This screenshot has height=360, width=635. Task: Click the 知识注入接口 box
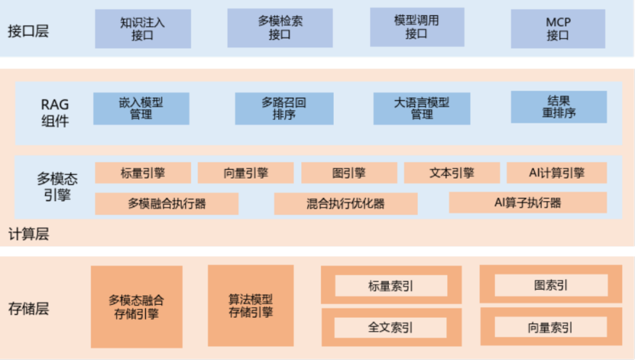click(x=143, y=28)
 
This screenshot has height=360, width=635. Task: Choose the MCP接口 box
click(x=557, y=28)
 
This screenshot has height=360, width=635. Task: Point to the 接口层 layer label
click(x=28, y=31)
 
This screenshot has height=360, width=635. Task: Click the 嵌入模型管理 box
click(x=141, y=108)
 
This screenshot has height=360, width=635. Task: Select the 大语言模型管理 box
click(x=421, y=108)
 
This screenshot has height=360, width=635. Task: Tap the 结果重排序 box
click(x=558, y=107)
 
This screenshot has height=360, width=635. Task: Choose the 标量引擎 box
click(x=143, y=173)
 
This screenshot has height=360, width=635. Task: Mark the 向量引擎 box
click(x=245, y=173)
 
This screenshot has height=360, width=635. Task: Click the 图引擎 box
click(x=349, y=173)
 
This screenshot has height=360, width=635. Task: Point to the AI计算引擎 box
click(x=557, y=173)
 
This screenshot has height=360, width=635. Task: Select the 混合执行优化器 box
click(x=345, y=203)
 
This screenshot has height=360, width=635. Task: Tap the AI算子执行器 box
click(x=527, y=202)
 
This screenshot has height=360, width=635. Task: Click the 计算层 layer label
click(x=28, y=234)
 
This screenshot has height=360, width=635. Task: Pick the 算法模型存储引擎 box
click(x=250, y=306)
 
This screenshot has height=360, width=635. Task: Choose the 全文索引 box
click(x=390, y=327)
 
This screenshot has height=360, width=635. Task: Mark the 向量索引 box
click(x=550, y=327)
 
